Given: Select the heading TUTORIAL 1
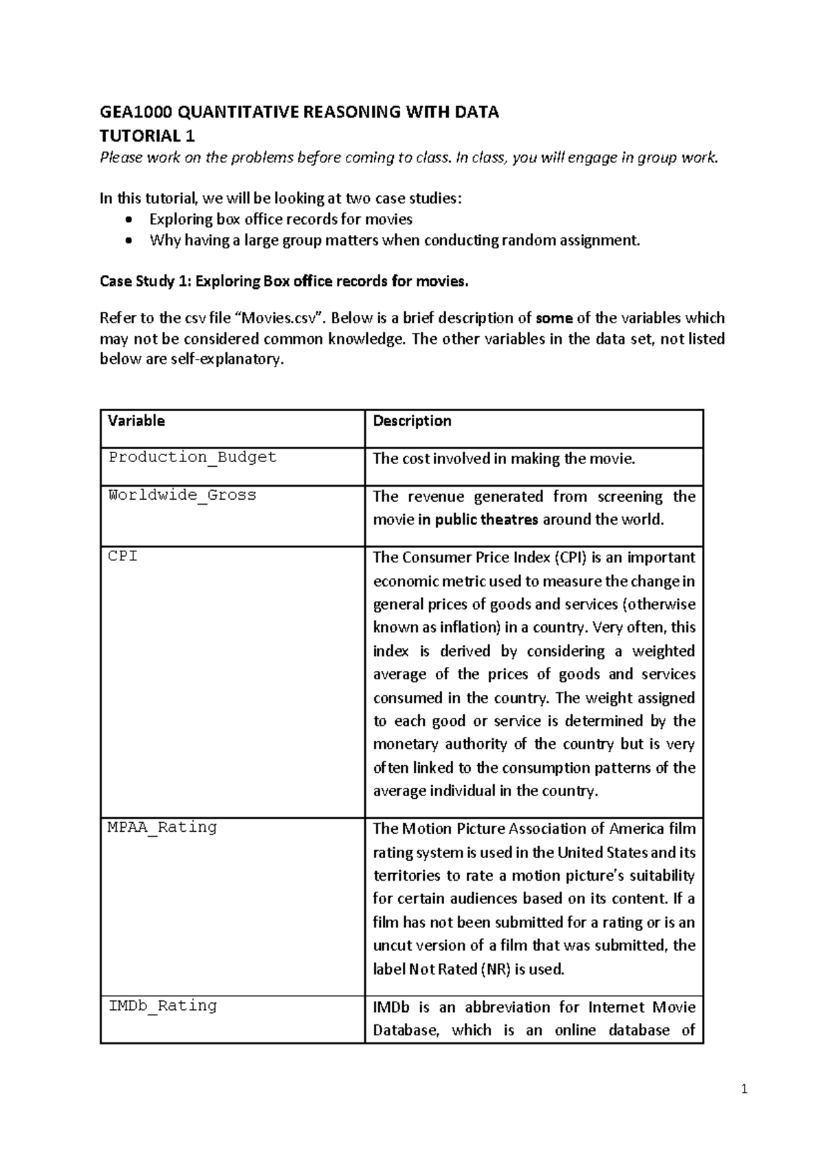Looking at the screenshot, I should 147,135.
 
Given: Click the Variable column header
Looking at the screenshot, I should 136,421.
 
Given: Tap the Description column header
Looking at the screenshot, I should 412,421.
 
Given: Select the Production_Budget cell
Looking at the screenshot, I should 192,457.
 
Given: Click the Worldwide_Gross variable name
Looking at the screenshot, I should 182,495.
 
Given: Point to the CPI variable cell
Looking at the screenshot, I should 123,556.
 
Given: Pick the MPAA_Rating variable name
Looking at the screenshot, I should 162,827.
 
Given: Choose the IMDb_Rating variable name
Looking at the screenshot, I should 162,1006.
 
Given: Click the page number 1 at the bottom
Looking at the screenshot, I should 744,1089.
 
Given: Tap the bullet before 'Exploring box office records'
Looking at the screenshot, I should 129,220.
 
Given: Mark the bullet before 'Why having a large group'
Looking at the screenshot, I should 129,241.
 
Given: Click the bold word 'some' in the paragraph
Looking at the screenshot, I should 554,318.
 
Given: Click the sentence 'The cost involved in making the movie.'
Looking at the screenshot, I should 504,459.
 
